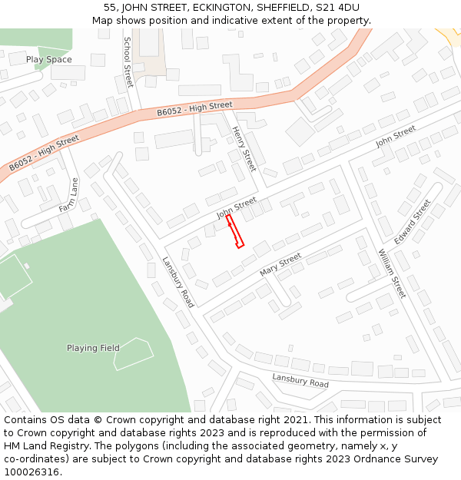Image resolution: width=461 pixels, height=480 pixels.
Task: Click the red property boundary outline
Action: click(235, 231)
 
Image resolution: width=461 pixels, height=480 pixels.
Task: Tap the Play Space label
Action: click(48, 59)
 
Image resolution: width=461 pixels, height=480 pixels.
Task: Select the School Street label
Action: click(128, 61)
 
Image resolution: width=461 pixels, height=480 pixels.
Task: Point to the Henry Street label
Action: click(244, 148)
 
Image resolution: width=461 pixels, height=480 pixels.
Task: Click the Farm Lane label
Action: click(69, 195)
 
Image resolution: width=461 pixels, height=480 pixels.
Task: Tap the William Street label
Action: click(392, 273)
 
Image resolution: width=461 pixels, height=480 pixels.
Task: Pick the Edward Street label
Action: click(413, 222)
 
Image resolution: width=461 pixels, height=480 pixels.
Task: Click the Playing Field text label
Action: click(93, 348)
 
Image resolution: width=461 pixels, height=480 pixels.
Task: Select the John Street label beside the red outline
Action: click(237, 207)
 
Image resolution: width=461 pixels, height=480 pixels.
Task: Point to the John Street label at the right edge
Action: click(395, 137)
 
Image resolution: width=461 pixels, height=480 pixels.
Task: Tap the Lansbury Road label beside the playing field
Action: click(177, 282)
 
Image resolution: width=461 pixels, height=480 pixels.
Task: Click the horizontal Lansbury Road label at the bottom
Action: click(300, 379)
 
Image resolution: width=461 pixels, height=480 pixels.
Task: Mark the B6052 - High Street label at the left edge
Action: click(44, 153)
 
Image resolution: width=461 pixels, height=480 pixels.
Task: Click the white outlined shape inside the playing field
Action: click(133, 353)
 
